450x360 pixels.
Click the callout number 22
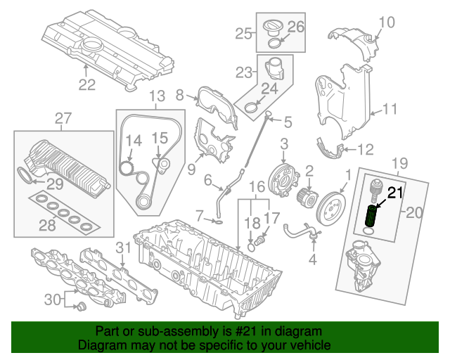click(86, 84)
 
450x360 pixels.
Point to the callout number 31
click(124, 247)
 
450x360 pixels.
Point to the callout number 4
click(313, 258)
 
